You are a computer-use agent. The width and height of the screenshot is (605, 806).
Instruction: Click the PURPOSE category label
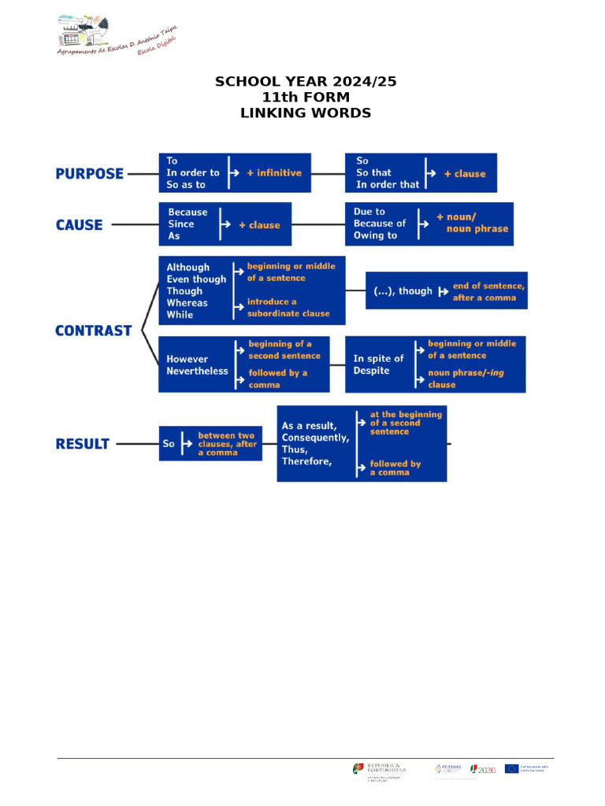(89, 174)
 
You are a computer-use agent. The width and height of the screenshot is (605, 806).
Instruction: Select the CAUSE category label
(79, 225)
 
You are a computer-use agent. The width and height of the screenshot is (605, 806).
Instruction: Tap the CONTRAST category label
(93, 331)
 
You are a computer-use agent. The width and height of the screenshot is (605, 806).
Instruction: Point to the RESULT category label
(82, 444)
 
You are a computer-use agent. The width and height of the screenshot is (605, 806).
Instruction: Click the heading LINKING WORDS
(305, 113)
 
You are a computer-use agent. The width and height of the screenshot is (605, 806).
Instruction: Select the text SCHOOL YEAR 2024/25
(305, 82)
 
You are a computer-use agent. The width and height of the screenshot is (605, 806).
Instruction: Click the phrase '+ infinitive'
(274, 173)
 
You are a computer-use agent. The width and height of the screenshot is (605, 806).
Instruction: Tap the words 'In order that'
(388, 185)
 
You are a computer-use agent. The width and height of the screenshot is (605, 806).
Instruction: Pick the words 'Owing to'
(375, 235)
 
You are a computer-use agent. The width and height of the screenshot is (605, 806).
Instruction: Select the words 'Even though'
(196, 279)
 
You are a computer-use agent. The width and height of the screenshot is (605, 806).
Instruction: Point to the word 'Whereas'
(187, 303)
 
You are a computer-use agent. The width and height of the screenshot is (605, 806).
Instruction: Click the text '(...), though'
(403, 291)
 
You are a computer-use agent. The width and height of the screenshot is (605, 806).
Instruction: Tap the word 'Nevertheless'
(197, 372)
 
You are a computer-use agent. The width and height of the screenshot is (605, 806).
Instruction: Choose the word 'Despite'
(371, 371)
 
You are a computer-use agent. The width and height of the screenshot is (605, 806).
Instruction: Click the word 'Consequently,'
(315, 438)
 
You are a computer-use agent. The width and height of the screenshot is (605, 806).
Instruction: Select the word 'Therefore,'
(307, 461)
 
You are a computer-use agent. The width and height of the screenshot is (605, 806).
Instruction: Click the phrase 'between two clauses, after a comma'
(227, 444)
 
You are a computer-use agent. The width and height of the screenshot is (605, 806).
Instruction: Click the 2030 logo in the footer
(484, 770)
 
